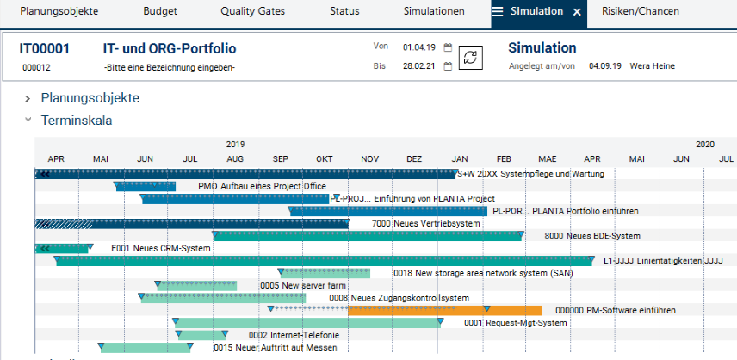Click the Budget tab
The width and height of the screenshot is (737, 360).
point(159,12)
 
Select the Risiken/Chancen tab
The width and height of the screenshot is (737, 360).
point(642,12)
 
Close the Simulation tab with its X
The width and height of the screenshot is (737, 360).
point(577,12)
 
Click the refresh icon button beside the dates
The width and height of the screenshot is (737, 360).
point(471,56)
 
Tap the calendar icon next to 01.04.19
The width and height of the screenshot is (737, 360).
point(448,48)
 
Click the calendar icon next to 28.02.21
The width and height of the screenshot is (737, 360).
point(448,66)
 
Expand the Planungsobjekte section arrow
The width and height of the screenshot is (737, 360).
point(28,99)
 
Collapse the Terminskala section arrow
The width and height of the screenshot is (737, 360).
point(28,121)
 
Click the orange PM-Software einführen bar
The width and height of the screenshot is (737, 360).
point(444,311)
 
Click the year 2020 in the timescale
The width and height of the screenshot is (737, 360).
point(705,145)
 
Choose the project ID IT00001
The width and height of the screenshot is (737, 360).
point(45,49)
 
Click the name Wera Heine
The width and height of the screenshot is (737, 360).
point(653,66)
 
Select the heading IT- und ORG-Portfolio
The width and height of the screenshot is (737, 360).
point(169,49)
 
